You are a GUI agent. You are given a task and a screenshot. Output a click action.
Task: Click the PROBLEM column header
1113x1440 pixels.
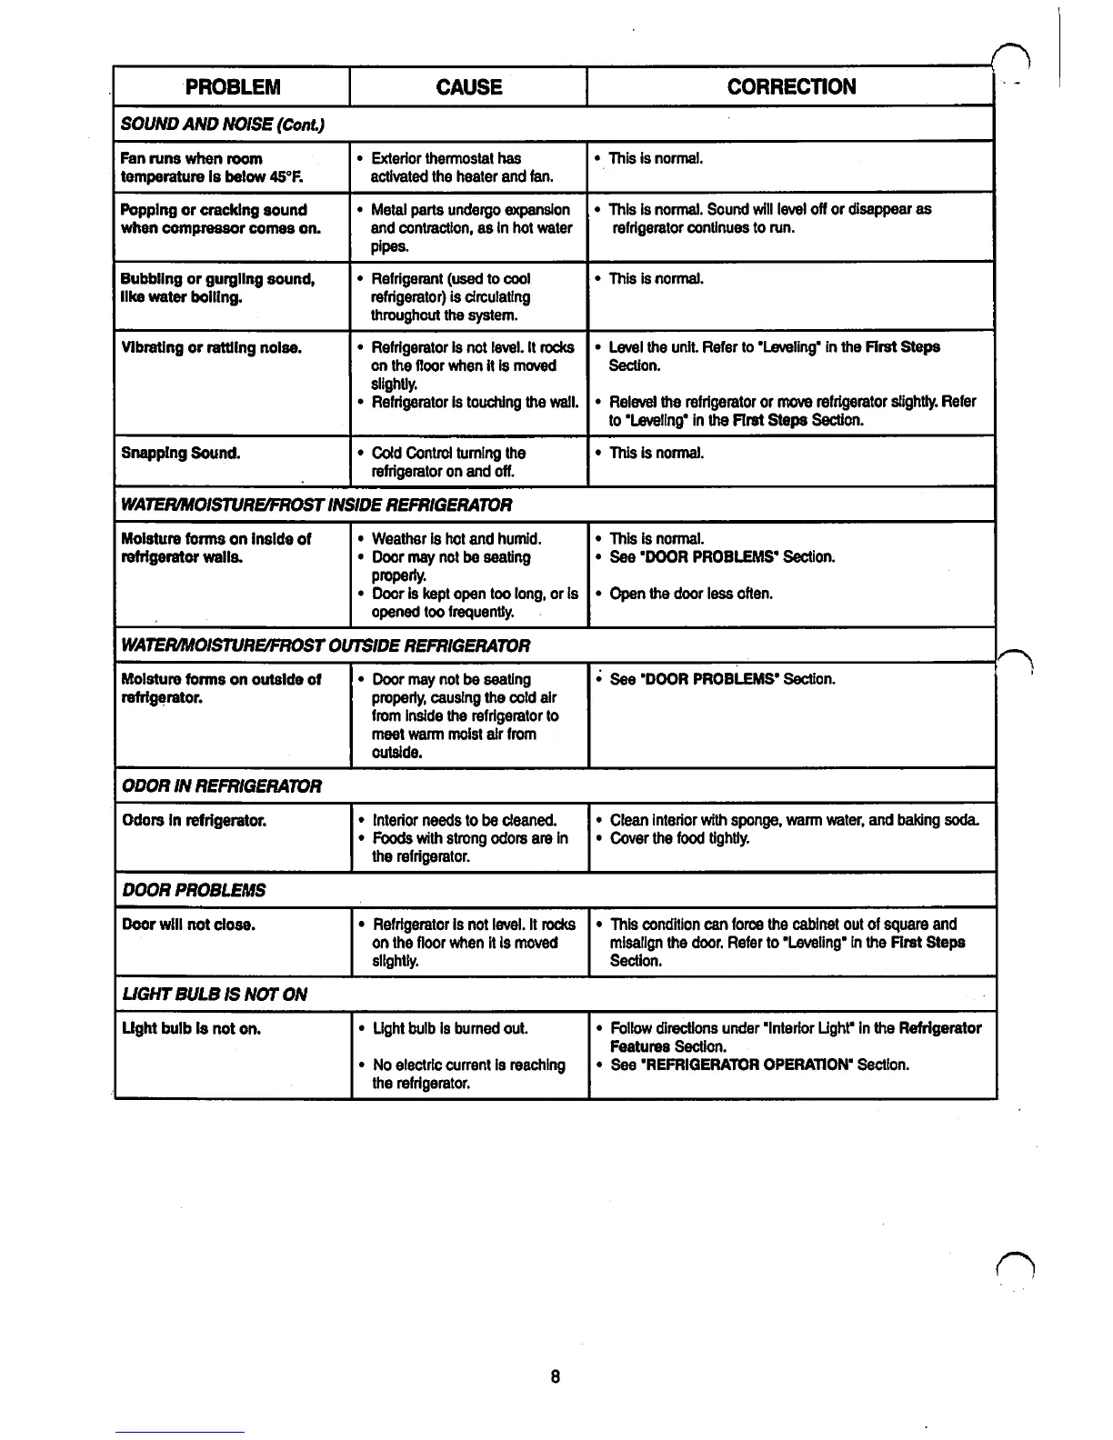(233, 87)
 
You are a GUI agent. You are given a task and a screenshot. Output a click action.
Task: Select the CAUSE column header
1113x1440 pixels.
(468, 87)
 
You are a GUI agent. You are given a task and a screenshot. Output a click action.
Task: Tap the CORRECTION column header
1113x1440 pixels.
(791, 87)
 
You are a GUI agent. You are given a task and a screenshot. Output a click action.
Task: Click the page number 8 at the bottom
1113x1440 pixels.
(555, 1376)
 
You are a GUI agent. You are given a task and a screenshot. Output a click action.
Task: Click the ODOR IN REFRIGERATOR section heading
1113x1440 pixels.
(222, 785)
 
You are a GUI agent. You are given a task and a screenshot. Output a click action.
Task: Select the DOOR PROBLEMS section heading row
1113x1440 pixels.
(195, 890)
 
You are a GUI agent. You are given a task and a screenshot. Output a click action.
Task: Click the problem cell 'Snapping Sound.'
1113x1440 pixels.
(181, 453)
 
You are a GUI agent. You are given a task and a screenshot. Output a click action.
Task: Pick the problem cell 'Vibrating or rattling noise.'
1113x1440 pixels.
(212, 347)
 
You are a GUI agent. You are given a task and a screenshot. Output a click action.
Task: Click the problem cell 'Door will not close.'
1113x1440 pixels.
(188, 925)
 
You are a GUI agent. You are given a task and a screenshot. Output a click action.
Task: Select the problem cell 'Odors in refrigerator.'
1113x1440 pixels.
(194, 820)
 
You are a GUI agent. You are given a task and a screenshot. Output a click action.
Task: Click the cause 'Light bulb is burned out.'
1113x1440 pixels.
(451, 1028)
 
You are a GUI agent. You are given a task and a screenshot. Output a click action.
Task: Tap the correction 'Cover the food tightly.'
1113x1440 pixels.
(680, 838)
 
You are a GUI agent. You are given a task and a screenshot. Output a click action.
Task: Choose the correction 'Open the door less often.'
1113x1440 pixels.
(691, 594)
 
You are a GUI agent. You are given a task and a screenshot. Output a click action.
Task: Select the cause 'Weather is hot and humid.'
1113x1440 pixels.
(456, 539)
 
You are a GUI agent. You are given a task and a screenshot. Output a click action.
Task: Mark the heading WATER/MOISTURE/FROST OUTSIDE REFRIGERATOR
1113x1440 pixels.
(326, 645)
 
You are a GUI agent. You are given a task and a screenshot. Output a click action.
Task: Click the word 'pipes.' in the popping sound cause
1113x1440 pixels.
(389, 246)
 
